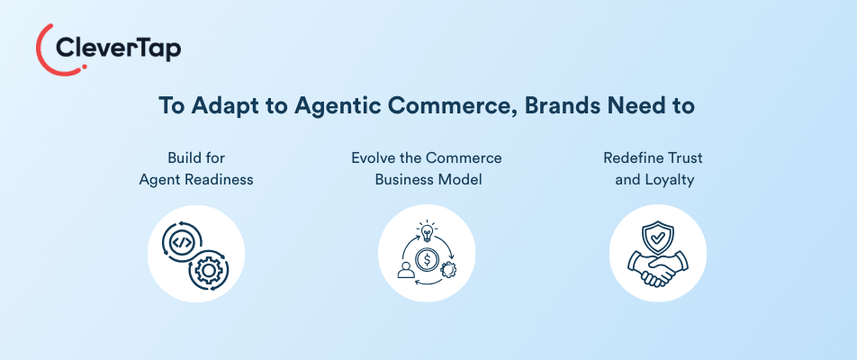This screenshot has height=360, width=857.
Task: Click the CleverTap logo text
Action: tap(118, 48)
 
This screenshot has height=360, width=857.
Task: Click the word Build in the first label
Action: tap(184, 157)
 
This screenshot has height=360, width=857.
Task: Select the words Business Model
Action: tap(426, 179)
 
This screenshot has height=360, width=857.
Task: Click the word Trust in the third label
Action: tap(685, 157)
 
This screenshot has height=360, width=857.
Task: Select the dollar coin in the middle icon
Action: tap(428, 261)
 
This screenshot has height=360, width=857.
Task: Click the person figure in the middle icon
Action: tap(404, 271)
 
